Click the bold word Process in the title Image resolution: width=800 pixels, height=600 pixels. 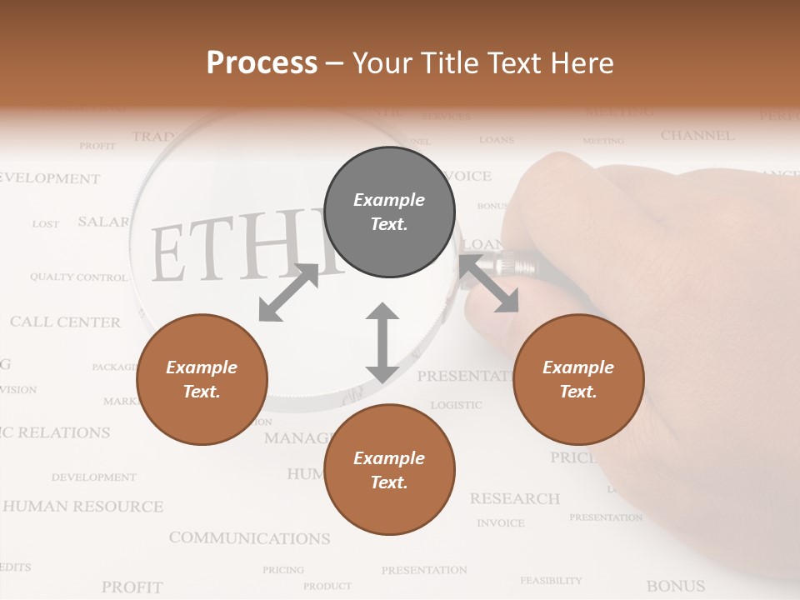pyautogui.click(x=262, y=62)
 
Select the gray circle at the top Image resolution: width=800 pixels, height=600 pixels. pyautogui.click(x=389, y=212)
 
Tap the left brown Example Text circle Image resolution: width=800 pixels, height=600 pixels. pyautogui.click(x=202, y=379)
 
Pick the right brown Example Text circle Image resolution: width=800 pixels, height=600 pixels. pyautogui.click(x=578, y=379)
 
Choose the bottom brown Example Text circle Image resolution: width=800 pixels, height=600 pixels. pyautogui.click(x=389, y=470)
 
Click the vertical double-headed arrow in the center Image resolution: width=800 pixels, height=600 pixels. pyautogui.click(x=382, y=343)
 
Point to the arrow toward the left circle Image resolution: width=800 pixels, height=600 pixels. pyautogui.click(x=288, y=292)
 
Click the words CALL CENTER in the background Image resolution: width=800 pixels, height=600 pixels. pyautogui.click(x=65, y=322)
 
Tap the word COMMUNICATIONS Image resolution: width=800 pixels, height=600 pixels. pyautogui.click(x=249, y=538)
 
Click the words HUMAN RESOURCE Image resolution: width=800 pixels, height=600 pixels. pyautogui.click(x=83, y=506)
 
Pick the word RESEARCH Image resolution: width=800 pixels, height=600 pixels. pyautogui.click(x=514, y=498)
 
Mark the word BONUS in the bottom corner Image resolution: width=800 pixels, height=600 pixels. pyautogui.click(x=675, y=586)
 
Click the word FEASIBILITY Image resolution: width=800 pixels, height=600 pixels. pyautogui.click(x=551, y=580)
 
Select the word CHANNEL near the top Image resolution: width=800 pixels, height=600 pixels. pyautogui.click(x=697, y=135)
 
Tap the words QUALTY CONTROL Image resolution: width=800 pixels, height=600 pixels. pyautogui.click(x=78, y=277)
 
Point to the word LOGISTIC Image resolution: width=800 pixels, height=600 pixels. pyautogui.click(x=456, y=405)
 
